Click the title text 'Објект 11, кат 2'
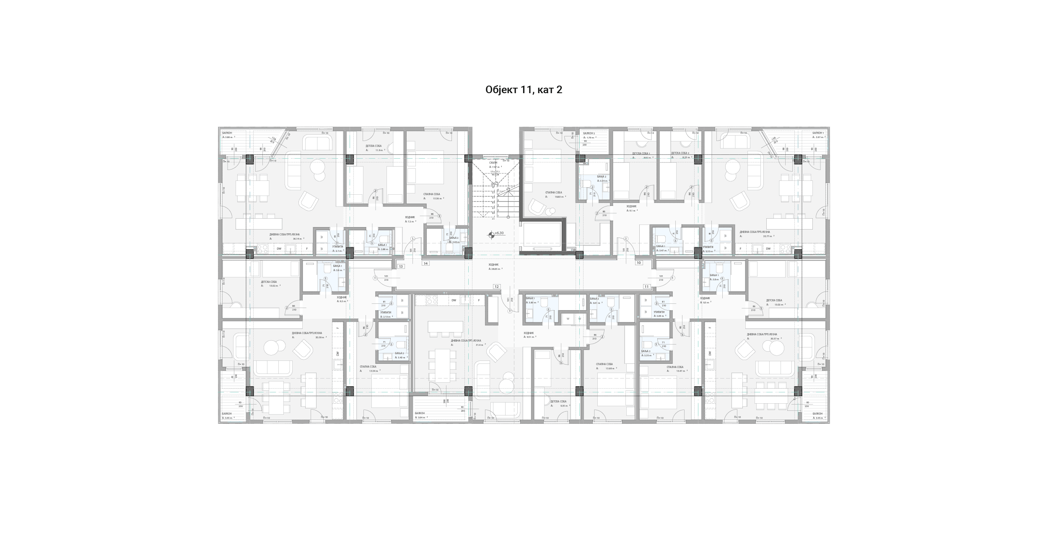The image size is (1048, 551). pos(524,90)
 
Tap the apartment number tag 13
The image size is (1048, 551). pos(401,266)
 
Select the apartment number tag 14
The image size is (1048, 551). pos(425,264)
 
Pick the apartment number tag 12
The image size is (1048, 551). pos(496,287)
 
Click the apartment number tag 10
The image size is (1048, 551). pos(639,263)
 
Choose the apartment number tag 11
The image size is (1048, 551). pos(646,287)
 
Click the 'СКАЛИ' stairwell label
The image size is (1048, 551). pos(493,162)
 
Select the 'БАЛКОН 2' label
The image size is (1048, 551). pos(589,133)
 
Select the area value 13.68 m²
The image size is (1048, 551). pos(610,368)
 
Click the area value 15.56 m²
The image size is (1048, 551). pos(438,198)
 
